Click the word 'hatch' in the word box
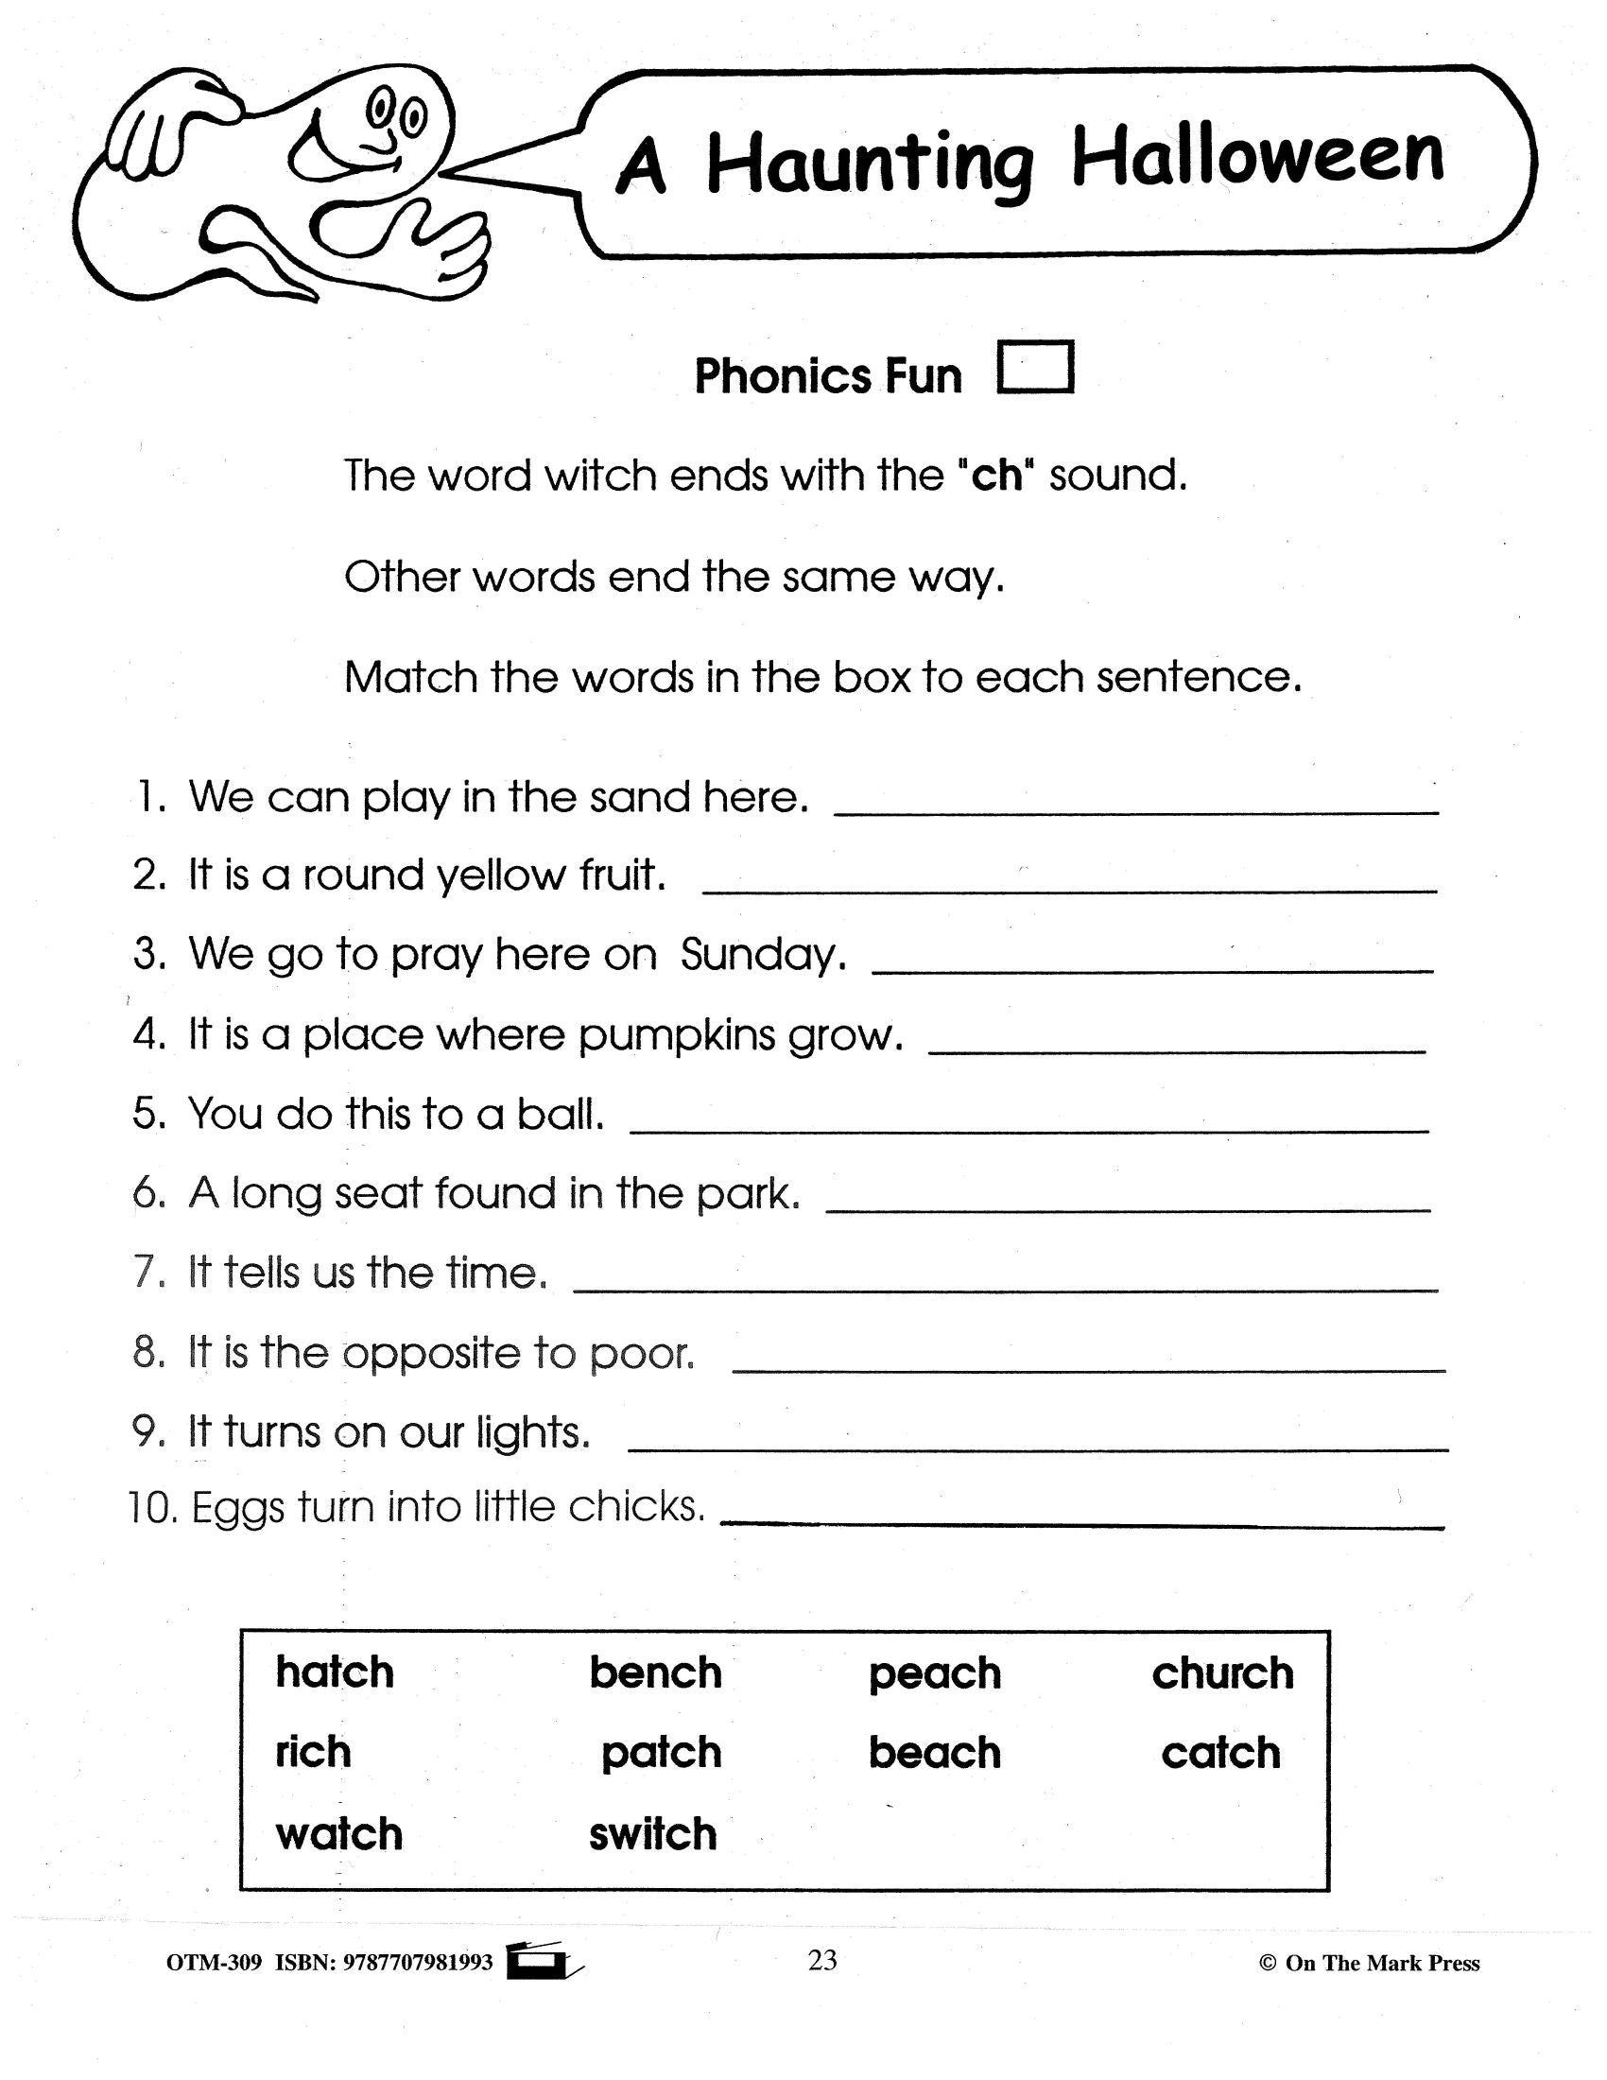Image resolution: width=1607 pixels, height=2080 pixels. click(x=334, y=1673)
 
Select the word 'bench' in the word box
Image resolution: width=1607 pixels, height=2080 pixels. click(x=655, y=1673)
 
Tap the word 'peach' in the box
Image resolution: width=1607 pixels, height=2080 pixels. click(x=934, y=1675)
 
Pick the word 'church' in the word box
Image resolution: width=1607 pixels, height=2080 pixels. click(x=1222, y=1673)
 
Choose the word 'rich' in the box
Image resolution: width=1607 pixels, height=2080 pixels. click(x=312, y=1751)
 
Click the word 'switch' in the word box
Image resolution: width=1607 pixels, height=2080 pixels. click(x=652, y=1834)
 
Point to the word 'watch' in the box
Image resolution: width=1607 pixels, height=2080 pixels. click(x=339, y=1834)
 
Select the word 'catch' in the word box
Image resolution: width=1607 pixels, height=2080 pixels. click(x=1220, y=1753)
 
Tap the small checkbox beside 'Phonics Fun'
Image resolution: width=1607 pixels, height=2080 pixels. click(x=1035, y=367)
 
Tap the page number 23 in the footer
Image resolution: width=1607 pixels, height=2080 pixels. click(x=821, y=1960)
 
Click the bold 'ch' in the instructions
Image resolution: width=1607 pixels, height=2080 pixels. click(x=996, y=476)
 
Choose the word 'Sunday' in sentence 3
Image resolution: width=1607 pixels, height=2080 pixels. click(x=762, y=955)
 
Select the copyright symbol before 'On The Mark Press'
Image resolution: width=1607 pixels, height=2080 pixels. click(x=1267, y=1963)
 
